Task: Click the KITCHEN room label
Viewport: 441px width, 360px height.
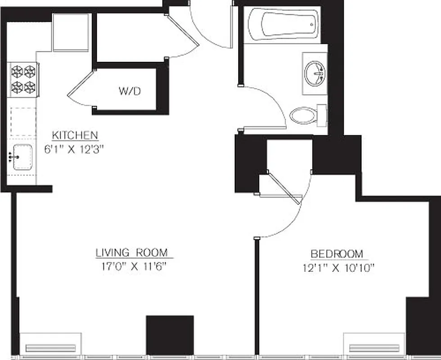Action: pos(75,135)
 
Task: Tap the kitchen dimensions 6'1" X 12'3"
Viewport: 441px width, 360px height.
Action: pos(75,149)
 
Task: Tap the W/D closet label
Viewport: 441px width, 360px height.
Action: pos(130,91)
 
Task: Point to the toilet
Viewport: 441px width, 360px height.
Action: pos(306,115)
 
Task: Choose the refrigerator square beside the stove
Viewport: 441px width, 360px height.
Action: pos(71,32)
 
